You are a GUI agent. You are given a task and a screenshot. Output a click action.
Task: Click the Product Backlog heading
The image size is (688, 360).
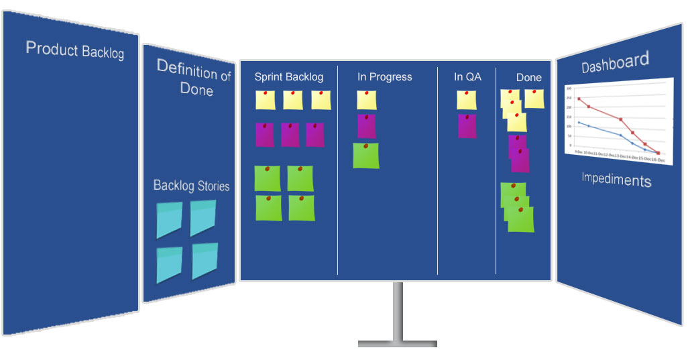(x=74, y=50)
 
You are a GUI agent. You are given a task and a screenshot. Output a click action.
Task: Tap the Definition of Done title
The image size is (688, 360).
(x=194, y=78)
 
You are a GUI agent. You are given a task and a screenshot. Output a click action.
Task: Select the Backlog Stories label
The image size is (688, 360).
(x=191, y=186)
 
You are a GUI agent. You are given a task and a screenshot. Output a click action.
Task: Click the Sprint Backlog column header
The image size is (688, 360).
(x=288, y=77)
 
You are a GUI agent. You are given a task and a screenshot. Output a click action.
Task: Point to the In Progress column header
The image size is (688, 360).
(x=384, y=77)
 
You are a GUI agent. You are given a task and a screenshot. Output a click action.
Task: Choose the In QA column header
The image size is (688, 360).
(x=467, y=77)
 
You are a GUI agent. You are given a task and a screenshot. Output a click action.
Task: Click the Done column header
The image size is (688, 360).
(x=528, y=77)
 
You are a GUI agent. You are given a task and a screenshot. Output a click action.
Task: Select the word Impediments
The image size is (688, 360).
(x=616, y=180)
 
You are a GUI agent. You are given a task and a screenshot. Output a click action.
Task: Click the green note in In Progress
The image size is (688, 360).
(x=365, y=156)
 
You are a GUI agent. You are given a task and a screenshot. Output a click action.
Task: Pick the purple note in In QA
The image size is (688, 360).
(x=467, y=126)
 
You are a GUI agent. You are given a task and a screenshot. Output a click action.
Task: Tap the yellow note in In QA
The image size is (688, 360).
(x=467, y=100)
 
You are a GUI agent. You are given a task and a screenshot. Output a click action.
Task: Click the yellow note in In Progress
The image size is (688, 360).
(x=366, y=100)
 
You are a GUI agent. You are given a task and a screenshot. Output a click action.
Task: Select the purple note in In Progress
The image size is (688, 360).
(x=366, y=126)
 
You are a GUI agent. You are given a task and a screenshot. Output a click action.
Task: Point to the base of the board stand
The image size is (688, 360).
(x=397, y=344)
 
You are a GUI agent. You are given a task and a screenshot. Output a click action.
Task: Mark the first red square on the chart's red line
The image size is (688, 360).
(x=579, y=99)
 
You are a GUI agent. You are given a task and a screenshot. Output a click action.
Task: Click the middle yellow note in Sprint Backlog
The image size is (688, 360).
(x=293, y=100)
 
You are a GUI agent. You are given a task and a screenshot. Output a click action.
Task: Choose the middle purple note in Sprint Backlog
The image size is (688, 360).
(x=290, y=135)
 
